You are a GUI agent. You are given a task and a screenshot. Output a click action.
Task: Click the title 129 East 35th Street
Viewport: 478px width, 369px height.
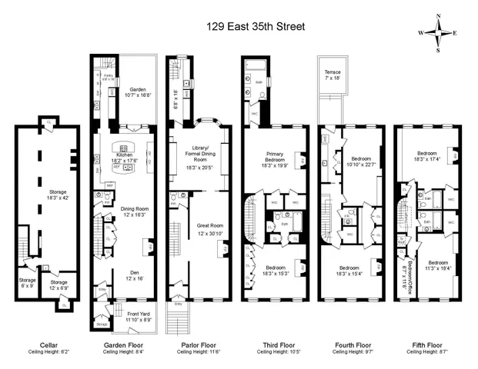(256, 26)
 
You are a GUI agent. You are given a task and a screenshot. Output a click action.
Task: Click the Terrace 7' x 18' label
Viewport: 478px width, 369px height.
(332, 75)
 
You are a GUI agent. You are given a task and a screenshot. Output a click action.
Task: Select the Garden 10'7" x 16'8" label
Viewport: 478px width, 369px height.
(137, 91)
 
